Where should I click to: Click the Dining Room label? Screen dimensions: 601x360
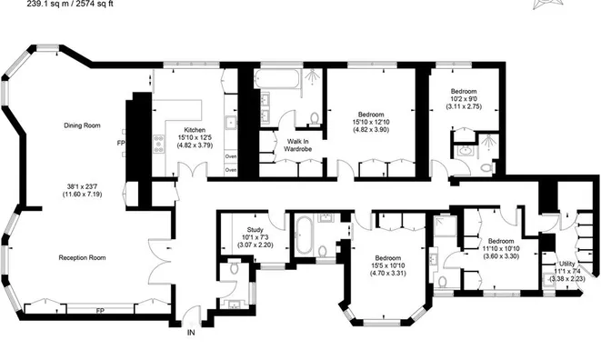82,125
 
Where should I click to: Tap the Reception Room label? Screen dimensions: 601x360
82,257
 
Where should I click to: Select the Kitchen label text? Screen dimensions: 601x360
195,130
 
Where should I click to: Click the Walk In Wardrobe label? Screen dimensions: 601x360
298,145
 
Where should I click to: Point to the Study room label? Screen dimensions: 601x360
255,230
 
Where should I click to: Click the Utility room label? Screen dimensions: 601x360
567,264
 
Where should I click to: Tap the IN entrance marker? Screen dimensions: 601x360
191,333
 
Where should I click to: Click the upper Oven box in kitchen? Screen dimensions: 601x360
231,156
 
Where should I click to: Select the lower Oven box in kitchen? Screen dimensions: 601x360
231,169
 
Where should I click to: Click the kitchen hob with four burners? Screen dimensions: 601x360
159,145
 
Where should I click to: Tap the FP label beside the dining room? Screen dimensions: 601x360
121,143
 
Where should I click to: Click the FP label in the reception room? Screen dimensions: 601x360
100,311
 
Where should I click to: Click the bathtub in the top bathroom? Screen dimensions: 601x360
277,79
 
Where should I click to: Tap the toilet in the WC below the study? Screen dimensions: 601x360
235,267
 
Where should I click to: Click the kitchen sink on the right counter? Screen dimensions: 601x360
232,123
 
